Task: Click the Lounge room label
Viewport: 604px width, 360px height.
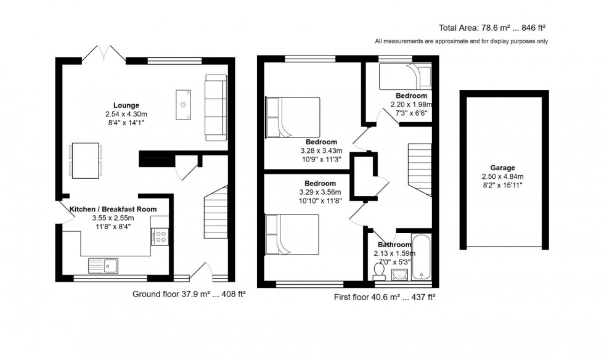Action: [x=126, y=105]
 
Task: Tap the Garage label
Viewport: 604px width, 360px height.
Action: [x=503, y=168]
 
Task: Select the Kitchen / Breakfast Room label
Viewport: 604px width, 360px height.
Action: [x=113, y=209]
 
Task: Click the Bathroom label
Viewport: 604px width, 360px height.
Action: [x=394, y=245]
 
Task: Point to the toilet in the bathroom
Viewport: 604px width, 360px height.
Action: [x=378, y=269]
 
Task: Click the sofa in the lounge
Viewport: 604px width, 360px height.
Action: [x=216, y=105]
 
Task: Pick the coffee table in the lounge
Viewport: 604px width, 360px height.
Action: [x=184, y=104]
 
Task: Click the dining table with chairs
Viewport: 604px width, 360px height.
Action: [x=86, y=160]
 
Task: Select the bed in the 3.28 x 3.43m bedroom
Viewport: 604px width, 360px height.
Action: [x=293, y=117]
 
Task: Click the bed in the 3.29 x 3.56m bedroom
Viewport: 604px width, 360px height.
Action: [x=292, y=234]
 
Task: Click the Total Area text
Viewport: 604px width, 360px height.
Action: [x=492, y=27]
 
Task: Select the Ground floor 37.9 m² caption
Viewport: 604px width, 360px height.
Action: [x=189, y=294]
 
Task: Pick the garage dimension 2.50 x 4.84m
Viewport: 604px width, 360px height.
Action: [x=503, y=176]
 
